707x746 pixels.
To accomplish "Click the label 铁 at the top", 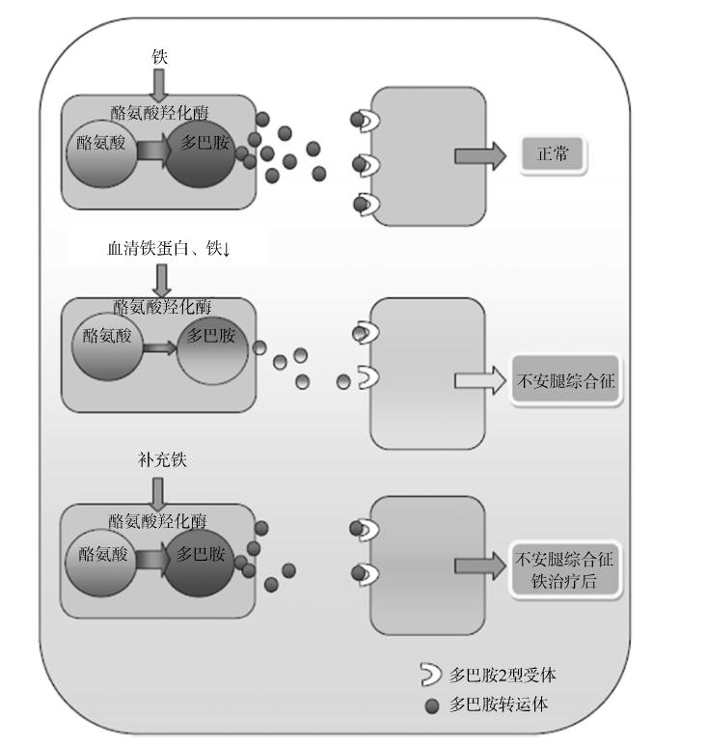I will pos(160,57).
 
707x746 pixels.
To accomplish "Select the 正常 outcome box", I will pos(554,154).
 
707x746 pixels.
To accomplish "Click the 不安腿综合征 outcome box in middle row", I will pos(564,381).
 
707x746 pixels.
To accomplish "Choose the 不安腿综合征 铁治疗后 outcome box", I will pos(565,569).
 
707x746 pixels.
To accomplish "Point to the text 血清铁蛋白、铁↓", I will pos(170,249).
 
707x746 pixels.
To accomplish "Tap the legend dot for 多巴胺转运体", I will pos(432,705).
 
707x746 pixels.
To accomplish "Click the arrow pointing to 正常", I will pos(479,155).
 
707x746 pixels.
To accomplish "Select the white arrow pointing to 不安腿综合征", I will pos(479,381).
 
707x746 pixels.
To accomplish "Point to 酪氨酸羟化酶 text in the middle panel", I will pos(162,307).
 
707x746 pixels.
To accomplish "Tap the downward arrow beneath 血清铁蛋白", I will pos(162,280).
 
